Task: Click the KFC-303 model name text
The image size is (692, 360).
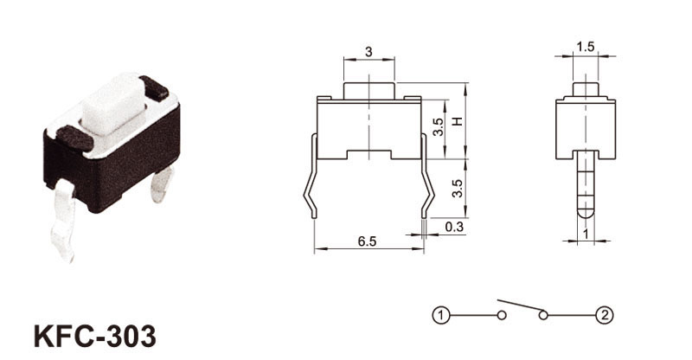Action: point(95,336)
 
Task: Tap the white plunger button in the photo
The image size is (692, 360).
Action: point(115,104)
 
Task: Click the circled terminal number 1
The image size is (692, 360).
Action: point(440,315)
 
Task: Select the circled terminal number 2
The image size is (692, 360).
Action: point(605,315)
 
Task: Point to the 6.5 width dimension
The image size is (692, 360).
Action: point(367,241)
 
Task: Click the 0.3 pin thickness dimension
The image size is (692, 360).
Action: point(454,227)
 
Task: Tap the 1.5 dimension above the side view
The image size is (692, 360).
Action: point(586,47)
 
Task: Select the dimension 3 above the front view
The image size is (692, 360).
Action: point(369,52)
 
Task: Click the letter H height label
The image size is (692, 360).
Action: point(458,120)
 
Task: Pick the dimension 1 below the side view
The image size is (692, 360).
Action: point(586,235)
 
